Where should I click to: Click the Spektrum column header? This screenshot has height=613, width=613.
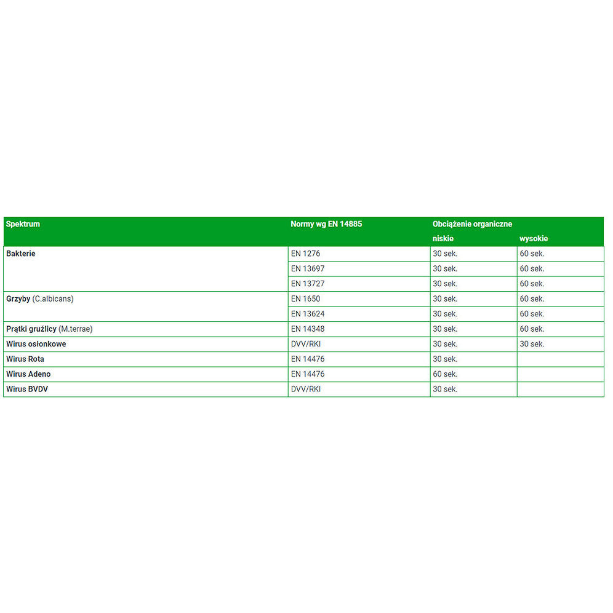pos(23,224)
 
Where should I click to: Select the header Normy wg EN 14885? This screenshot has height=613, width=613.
pos(326,224)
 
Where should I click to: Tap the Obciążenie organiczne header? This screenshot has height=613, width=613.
pos(472,224)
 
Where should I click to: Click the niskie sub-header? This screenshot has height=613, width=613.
pos(443,238)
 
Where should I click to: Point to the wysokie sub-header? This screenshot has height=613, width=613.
pos(534,238)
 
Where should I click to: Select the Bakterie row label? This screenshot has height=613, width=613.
pos(21,254)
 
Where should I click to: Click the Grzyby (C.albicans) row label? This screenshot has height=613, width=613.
pos(39,298)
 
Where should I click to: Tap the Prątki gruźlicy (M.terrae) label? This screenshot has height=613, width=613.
pos(49,329)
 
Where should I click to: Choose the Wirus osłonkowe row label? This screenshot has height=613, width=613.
pos(36,344)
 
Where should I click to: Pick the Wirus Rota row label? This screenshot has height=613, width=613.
pos(25,359)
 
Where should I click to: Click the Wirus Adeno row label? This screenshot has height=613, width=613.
pos(28,374)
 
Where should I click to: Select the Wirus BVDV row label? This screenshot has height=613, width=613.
pos(27,389)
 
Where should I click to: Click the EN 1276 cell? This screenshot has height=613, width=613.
pos(305,254)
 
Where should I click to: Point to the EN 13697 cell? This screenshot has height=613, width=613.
pos(308,269)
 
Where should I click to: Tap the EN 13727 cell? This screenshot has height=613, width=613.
pos(308,284)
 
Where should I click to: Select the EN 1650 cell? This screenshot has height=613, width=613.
pos(305,298)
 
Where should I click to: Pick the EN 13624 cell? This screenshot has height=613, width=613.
pos(308,314)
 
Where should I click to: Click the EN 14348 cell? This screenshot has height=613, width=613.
pos(308,329)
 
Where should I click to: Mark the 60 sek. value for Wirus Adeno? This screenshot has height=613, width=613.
pos(445,374)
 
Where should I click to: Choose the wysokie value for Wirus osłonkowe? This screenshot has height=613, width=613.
pos(532,344)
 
